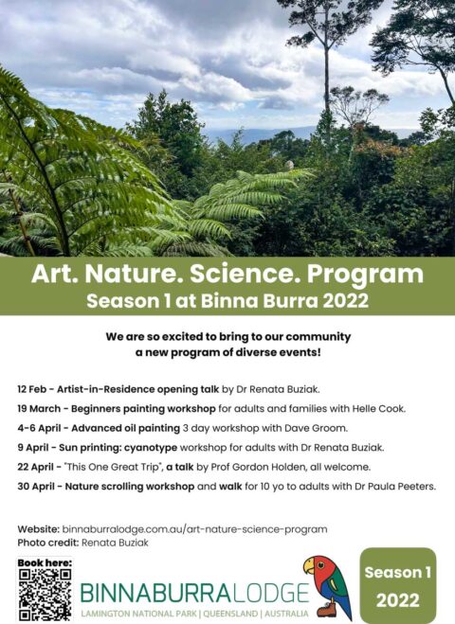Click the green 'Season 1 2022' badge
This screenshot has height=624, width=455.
397,586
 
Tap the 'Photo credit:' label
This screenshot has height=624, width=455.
46,543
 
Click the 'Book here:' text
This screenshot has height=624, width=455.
44,562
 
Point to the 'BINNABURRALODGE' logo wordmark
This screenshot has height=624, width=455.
194,593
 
